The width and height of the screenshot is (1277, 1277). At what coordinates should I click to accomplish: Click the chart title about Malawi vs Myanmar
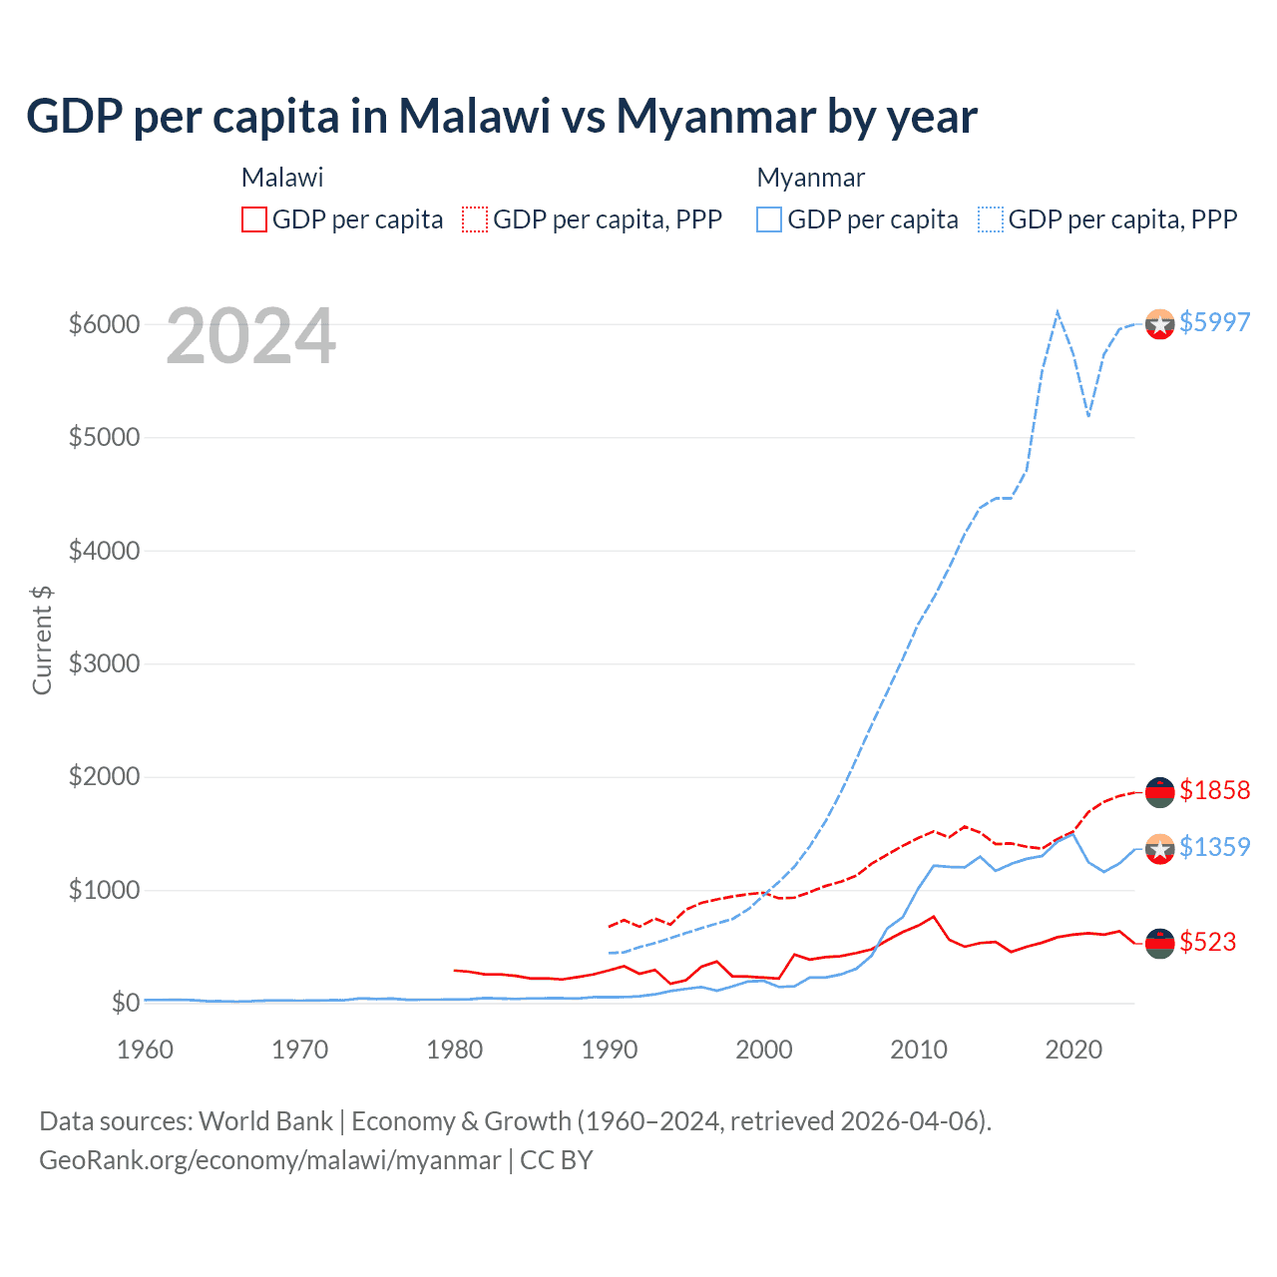click(x=502, y=116)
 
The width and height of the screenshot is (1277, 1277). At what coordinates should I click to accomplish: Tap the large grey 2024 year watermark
click(x=250, y=337)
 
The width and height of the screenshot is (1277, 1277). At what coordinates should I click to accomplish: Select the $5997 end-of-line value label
click(x=1214, y=322)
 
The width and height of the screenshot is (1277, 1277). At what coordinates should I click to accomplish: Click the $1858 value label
click(x=1214, y=790)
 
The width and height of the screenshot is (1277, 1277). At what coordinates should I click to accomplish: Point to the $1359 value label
click(x=1214, y=847)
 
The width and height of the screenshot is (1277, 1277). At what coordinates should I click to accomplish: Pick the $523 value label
click(x=1207, y=942)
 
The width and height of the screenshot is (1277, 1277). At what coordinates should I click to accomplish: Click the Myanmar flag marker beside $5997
click(x=1159, y=324)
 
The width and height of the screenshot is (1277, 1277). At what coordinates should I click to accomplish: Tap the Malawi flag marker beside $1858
click(x=1159, y=792)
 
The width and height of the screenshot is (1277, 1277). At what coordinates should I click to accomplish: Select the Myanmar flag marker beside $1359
click(x=1159, y=849)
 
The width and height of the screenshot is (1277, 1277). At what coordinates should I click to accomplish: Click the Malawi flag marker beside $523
click(x=1159, y=944)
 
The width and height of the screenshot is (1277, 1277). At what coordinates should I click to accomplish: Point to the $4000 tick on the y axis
click(x=104, y=551)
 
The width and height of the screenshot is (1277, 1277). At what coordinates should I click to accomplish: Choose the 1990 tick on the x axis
click(x=610, y=1050)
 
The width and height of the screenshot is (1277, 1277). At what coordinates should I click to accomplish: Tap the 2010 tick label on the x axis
click(x=919, y=1050)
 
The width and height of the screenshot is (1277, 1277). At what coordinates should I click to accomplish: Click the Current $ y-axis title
click(x=42, y=639)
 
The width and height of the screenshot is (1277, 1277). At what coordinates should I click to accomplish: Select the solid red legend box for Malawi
click(x=254, y=219)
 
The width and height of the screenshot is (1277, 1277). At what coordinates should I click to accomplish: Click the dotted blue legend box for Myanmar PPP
click(x=991, y=219)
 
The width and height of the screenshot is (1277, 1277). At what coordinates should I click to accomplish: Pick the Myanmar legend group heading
click(x=810, y=178)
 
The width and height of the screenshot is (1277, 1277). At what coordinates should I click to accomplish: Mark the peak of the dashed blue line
click(x=1058, y=311)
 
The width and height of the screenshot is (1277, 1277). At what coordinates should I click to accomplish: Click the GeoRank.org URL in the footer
click(x=270, y=1160)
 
